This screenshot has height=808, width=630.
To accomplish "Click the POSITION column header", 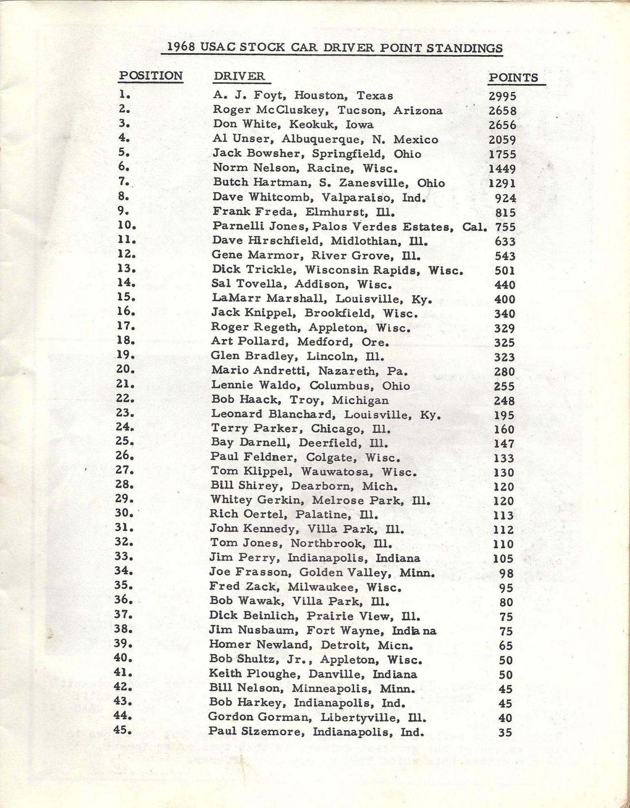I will click(151, 76).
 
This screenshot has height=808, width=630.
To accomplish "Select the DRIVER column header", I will click(239, 76).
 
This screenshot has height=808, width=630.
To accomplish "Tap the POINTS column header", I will click(513, 78).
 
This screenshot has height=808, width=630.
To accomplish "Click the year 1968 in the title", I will click(181, 47).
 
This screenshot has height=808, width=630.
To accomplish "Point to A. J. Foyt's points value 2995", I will click(502, 97).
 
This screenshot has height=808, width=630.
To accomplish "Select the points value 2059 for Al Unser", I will click(502, 140).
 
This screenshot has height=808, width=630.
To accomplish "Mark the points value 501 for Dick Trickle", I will click(504, 270).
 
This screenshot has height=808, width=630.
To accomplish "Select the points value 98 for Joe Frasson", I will click(506, 573).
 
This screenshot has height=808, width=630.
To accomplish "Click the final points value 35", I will click(505, 732).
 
